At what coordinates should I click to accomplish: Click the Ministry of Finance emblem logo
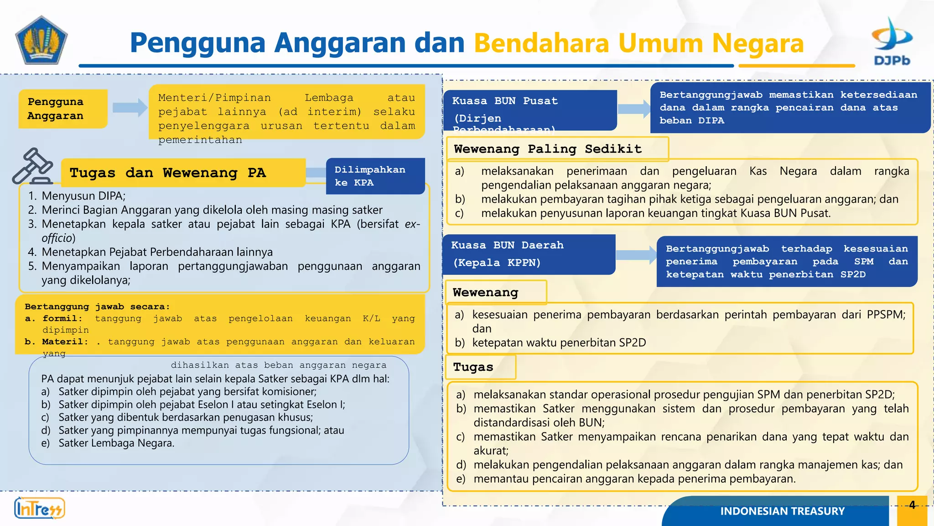coord(42,40)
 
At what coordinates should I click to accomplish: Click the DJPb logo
coord(892,41)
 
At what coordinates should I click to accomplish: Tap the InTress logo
coord(39,508)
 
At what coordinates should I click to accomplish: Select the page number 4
coord(912,505)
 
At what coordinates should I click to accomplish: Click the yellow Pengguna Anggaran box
coord(63,109)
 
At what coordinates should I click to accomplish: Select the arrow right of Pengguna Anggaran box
coord(130,108)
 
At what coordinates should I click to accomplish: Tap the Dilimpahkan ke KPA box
coord(375,176)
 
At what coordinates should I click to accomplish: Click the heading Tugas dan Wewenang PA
coord(168,173)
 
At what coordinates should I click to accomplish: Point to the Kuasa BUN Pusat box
coord(529,110)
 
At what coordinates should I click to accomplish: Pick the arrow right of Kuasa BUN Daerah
coord(636,255)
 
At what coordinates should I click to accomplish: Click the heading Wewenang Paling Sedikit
coord(548,149)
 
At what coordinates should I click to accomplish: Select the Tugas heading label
coord(473,367)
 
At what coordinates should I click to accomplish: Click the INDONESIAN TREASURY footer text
coord(782,511)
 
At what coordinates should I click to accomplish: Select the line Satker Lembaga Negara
coord(116,443)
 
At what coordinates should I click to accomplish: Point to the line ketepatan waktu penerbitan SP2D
coord(559,342)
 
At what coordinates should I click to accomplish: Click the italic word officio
coord(58,238)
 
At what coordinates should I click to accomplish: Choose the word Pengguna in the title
coord(197,43)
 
